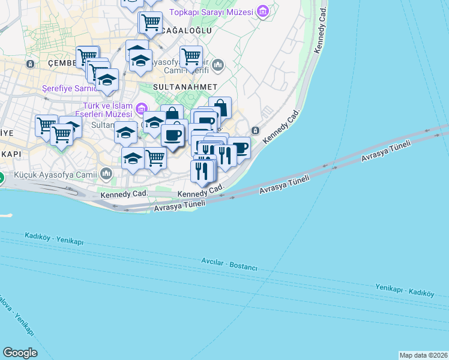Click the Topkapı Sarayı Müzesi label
pos(211,12)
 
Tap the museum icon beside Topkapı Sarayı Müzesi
pos(262,11)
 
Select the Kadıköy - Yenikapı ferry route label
pos(54,239)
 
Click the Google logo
pos(20,353)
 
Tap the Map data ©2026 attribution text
pos(423,355)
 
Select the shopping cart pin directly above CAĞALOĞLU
pos(150,23)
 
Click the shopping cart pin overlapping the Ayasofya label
pos(191,58)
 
